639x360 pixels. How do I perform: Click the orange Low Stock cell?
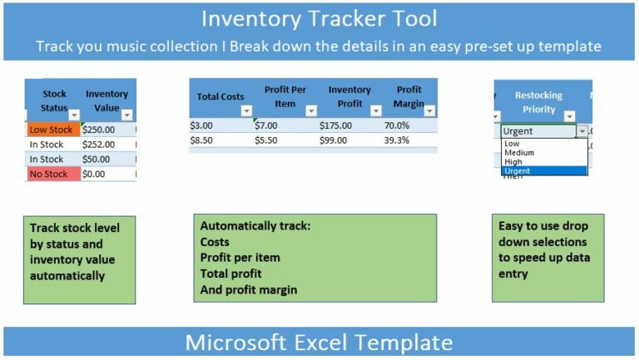[52, 130]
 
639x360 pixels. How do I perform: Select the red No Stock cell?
[52, 174]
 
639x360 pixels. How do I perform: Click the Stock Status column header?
[52, 100]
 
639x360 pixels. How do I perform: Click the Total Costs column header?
[220, 96]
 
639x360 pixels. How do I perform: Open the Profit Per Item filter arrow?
[311, 111]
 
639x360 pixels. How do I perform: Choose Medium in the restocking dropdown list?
[519, 153]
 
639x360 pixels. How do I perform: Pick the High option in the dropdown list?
[513, 162]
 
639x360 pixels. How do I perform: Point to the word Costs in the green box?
[215, 241]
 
